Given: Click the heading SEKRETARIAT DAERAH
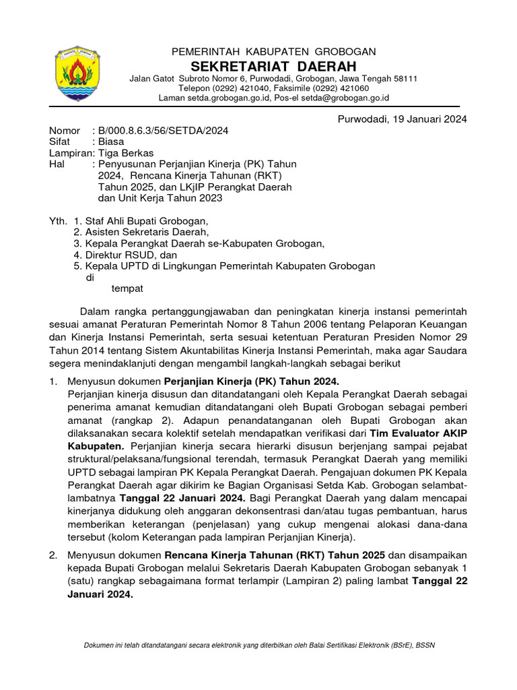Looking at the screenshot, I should coord(274,65).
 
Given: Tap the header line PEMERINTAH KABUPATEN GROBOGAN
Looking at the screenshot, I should coord(274,51).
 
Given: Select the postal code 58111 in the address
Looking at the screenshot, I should coord(404,79).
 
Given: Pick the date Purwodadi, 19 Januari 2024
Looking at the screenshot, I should coord(402,119).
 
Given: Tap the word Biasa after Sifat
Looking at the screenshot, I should coord(111,142).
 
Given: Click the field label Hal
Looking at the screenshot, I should coord(57,164).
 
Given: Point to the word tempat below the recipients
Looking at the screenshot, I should coord(127,288).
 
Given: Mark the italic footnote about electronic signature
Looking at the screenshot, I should coord(259,646).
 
